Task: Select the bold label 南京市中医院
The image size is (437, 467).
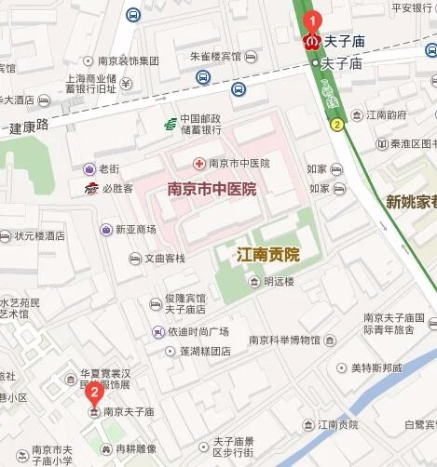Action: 212,189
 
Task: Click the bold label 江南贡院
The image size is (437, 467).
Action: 267,254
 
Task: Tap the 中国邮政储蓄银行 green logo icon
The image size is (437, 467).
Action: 170,123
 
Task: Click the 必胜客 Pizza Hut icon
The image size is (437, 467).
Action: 90,189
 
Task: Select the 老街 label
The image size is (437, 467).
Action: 110,169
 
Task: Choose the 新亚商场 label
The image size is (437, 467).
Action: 135,229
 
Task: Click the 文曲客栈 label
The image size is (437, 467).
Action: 164,258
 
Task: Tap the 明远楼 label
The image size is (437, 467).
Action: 279,281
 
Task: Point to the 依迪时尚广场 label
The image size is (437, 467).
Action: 198,332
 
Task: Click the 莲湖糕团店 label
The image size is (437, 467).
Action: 198,352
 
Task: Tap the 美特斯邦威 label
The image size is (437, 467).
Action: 376,368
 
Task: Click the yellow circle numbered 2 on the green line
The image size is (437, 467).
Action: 335,123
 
